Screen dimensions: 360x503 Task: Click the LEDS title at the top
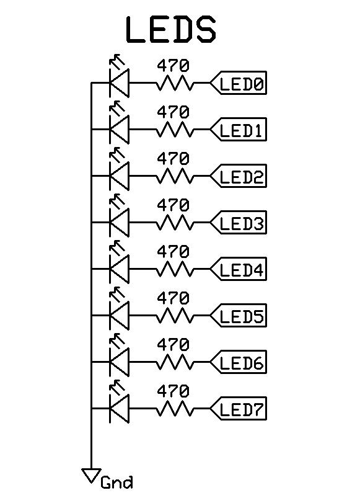(x=171, y=30)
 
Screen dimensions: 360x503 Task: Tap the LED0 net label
(x=238, y=82)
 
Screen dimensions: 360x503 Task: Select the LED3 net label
(x=238, y=222)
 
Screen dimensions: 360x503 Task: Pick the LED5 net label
(x=238, y=315)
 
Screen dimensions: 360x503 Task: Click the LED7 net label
(x=238, y=408)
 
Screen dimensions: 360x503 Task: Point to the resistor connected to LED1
(x=175, y=129)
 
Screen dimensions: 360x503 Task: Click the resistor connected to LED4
(x=175, y=269)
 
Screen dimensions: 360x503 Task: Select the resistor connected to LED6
(x=175, y=362)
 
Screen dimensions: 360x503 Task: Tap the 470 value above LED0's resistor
(x=173, y=66)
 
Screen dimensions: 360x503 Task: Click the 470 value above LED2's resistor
(x=173, y=159)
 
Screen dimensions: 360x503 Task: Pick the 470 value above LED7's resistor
(x=173, y=391)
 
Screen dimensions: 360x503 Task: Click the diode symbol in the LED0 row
(x=119, y=82)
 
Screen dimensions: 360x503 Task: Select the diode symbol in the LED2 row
(x=119, y=176)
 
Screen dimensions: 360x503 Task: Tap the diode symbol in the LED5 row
(x=119, y=315)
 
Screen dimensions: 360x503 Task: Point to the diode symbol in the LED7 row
(x=119, y=408)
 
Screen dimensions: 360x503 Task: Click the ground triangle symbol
(x=91, y=474)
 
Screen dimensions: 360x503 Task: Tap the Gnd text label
(x=116, y=482)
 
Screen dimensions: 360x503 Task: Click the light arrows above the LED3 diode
(x=116, y=201)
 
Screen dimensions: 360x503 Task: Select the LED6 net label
(x=238, y=362)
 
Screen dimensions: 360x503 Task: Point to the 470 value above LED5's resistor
(x=173, y=298)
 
